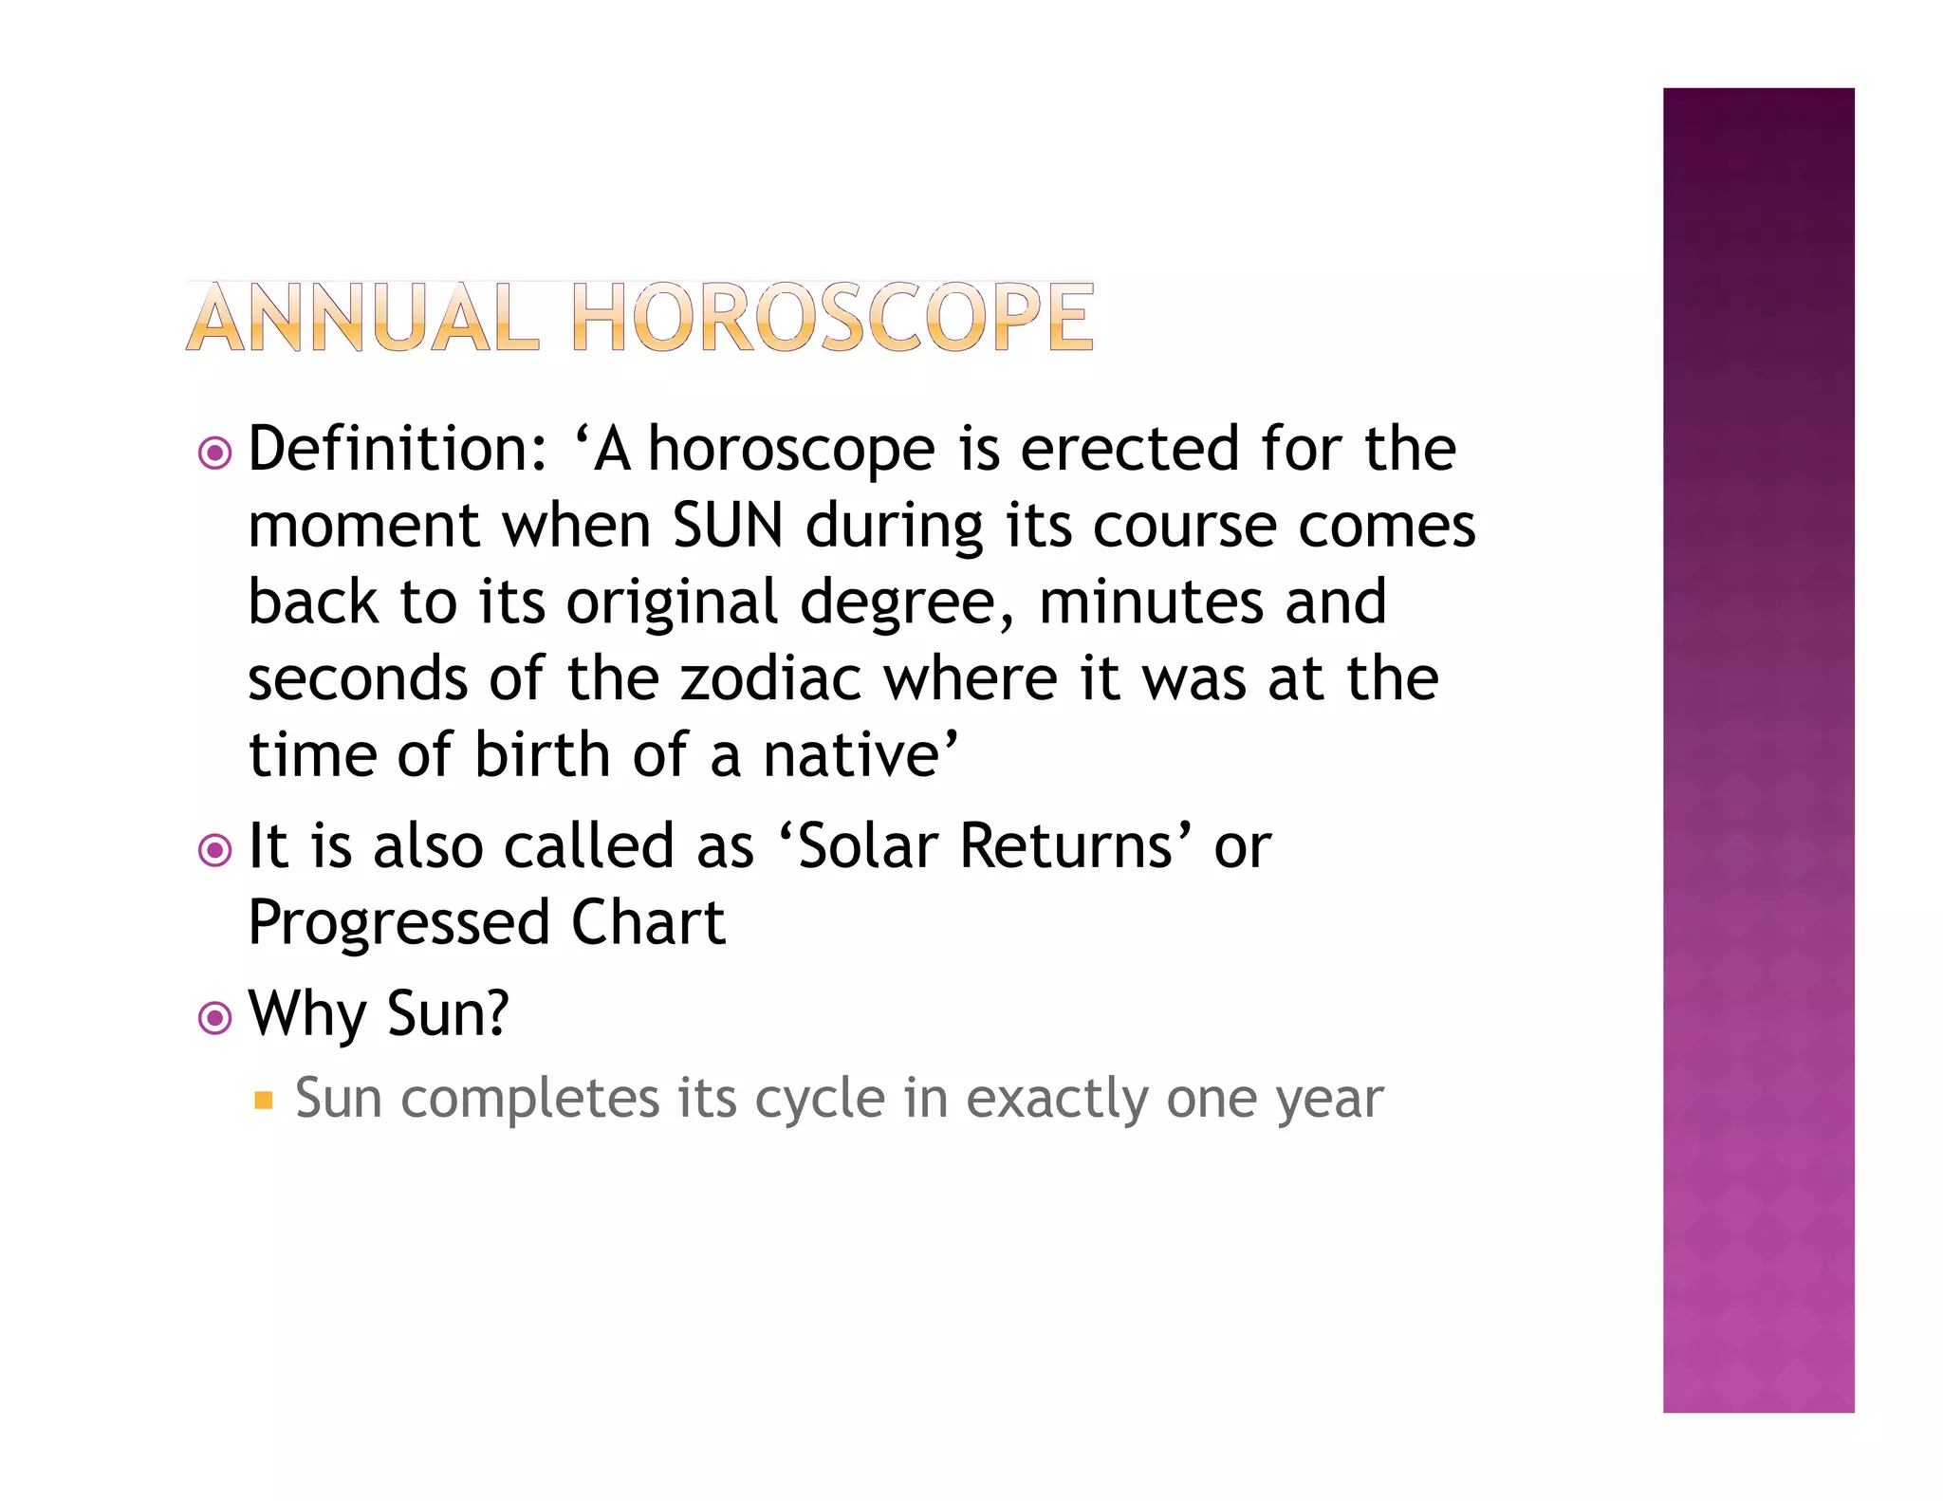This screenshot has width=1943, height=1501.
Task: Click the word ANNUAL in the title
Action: pyautogui.click(x=361, y=318)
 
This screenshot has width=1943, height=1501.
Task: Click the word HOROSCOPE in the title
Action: pyautogui.click(x=833, y=318)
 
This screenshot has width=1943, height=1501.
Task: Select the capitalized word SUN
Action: pyautogui.click(x=728, y=526)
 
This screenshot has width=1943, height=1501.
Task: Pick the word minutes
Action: pyautogui.click(x=1151, y=602)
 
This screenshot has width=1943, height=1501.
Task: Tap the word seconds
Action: pyautogui.click(x=358, y=679)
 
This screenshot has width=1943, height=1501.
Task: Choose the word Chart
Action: pyautogui.click(x=648, y=922)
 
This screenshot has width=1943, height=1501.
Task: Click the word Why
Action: pyautogui.click(x=306, y=1014)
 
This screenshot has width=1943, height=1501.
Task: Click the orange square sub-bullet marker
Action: pyautogui.click(x=264, y=1101)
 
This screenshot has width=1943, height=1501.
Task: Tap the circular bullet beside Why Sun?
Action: pyautogui.click(x=215, y=1018)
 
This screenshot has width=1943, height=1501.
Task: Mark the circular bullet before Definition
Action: pyautogui.click(x=215, y=454)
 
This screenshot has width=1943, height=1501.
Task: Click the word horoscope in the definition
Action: pyautogui.click(x=792, y=451)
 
